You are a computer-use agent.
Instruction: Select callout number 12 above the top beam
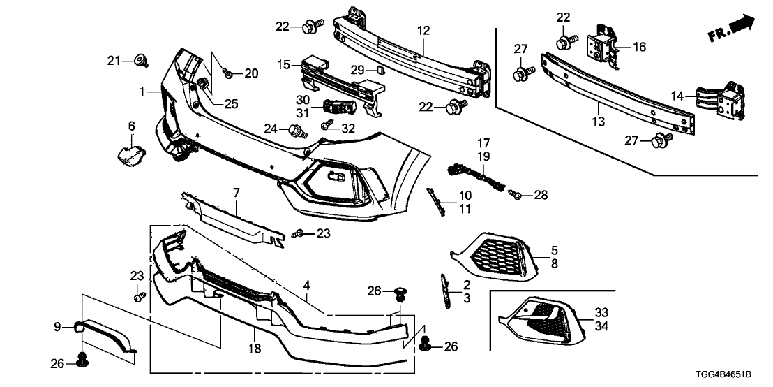click(424, 31)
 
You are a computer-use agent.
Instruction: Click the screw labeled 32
click(327, 126)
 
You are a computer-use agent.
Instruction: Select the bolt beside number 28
click(517, 196)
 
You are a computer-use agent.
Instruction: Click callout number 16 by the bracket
click(639, 48)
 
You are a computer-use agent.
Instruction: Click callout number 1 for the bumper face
click(143, 92)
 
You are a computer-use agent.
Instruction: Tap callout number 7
click(237, 191)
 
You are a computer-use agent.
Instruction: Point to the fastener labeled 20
click(228, 73)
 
